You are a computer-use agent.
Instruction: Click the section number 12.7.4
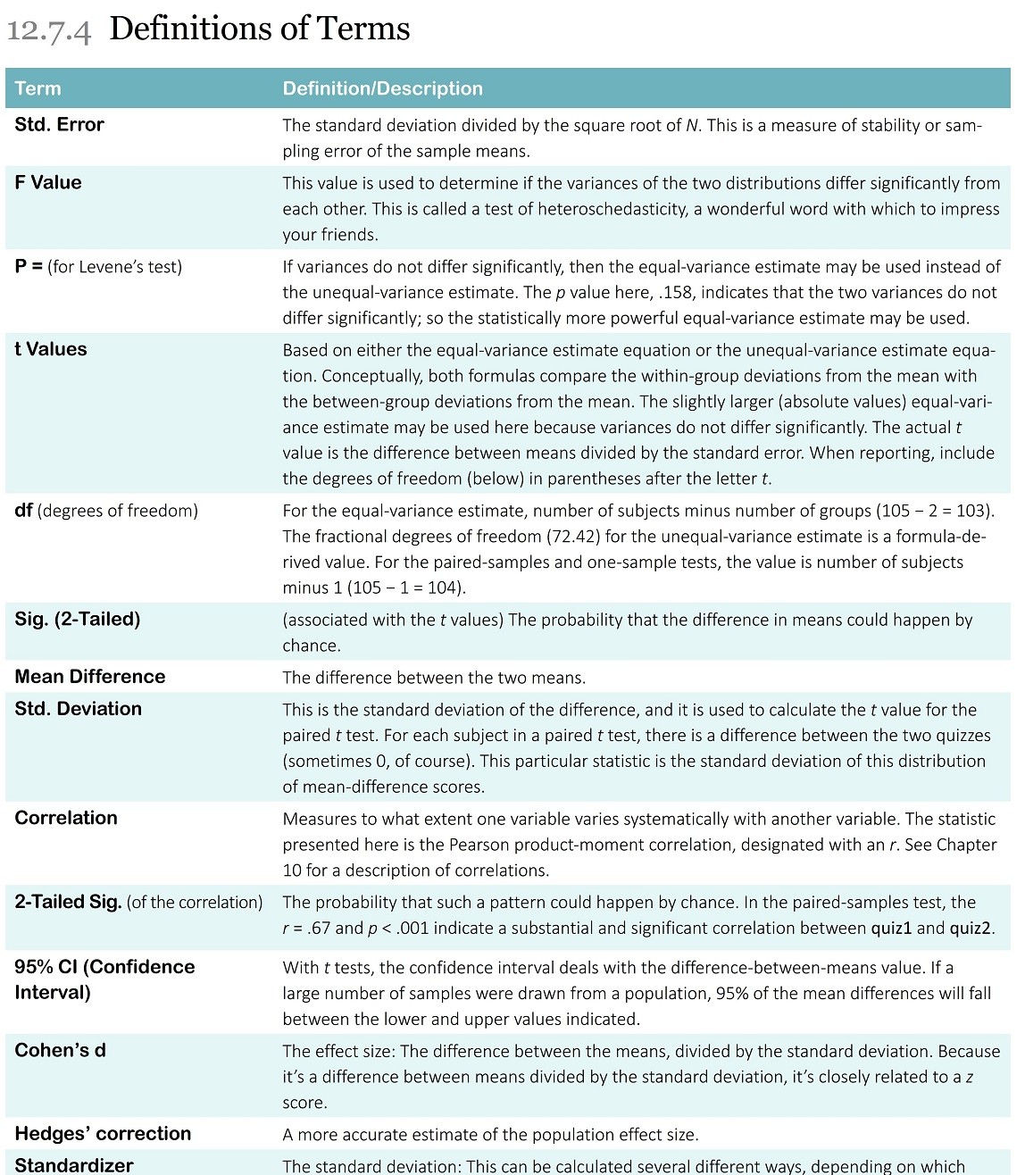point(48,30)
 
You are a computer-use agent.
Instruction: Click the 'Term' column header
point(37,88)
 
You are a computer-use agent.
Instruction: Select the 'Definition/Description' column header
point(382,88)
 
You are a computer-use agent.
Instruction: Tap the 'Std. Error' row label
point(59,125)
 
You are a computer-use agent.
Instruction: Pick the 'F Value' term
point(48,183)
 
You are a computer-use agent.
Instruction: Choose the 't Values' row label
point(51,350)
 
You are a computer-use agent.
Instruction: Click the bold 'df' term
point(23,511)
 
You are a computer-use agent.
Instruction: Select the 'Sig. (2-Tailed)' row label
point(78,620)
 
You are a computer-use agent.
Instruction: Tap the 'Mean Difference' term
point(90,677)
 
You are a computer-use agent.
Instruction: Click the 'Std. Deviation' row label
point(79,709)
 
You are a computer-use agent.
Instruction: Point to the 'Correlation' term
point(66,818)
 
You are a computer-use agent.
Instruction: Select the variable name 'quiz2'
point(971,929)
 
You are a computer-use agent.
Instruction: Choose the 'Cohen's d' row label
point(60,1051)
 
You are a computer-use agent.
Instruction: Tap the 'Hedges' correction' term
point(103,1134)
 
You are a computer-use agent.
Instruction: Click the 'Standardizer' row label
point(74,1165)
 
